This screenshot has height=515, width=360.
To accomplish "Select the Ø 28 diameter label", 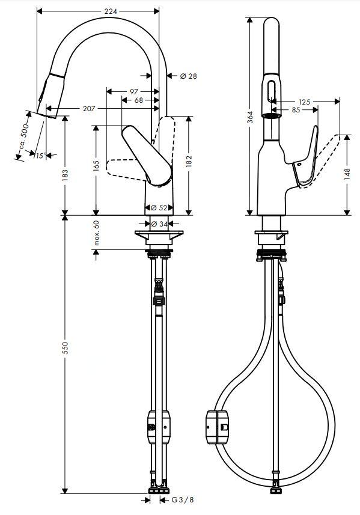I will [x=189, y=76].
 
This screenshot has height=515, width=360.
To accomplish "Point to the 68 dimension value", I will [x=139, y=100].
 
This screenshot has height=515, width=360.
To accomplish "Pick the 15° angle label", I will [x=39, y=156].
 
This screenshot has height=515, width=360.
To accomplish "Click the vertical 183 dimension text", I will [x=65, y=175].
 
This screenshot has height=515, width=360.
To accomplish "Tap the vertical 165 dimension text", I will [x=96, y=166].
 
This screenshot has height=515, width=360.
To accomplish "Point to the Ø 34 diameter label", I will [x=159, y=224].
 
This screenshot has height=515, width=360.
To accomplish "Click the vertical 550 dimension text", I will [x=65, y=349].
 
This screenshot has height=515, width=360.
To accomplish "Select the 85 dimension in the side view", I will [x=296, y=110].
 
